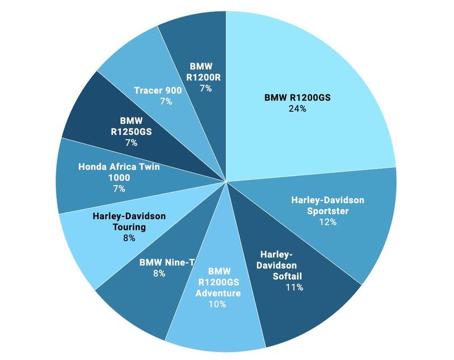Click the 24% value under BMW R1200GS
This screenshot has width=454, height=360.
(x=297, y=108)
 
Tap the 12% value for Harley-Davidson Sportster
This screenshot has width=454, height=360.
(x=327, y=222)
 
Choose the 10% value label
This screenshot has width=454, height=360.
(x=217, y=304)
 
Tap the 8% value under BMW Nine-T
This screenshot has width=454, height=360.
(x=159, y=274)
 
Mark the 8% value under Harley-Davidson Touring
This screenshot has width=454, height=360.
(x=129, y=238)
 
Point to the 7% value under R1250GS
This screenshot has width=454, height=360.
(x=131, y=143)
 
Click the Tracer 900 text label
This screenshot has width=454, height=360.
(x=158, y=90)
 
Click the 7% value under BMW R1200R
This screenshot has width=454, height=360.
(x=205, y=89)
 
